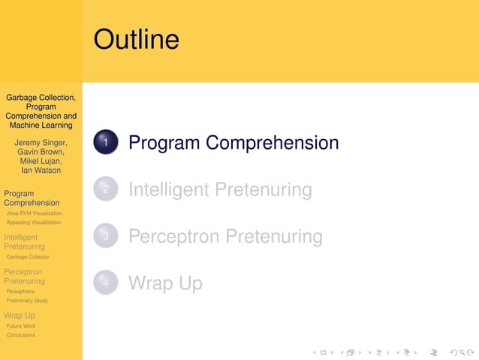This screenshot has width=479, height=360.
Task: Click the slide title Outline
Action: pyautogui.click(x=137, y=39)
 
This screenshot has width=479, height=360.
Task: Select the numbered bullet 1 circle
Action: pyautogui.click(x=106, y=143)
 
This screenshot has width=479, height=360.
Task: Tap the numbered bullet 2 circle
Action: pyautogui.click(x=106, y=190)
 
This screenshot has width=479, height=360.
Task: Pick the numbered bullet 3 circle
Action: pyautogui.click(x=106, y=237)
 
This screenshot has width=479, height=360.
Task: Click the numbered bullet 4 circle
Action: pyautogui.click(x=106, y=283)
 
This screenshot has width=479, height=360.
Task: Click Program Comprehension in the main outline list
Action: pyautogui.click(x=233, y=143)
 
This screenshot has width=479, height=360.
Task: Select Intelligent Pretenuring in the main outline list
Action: pyautogui.click(x=220, y=190)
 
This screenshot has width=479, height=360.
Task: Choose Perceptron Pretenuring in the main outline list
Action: pyautogui.click(x=225, y=237)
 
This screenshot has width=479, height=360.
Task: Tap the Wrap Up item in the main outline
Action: pyautogui.click(x=165, y=283)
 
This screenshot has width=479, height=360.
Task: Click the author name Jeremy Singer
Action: pyautogui.click(x=41, y=143)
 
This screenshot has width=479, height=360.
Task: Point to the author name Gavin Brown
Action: pyautogui.click(x=41, y=152)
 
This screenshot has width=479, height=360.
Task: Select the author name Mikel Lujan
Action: pyautogui.click(x=41, y=161)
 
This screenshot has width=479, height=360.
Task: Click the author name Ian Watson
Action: pyautogui.click(x=41, y=170)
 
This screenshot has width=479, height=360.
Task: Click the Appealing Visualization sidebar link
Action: pyautogui.click(x=33, y=222)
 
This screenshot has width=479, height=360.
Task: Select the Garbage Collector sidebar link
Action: pyautogui.click(x=28, y=257)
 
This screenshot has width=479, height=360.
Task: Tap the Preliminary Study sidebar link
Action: pyautogui.click(x=27, y=301)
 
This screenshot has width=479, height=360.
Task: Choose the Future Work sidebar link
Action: pyautogui.click(x=21, y=326)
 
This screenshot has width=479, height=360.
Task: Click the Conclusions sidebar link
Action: pyautogui.click(x=21, y=335)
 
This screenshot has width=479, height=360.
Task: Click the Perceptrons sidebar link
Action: pyautogui.click(x=20, y=292)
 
